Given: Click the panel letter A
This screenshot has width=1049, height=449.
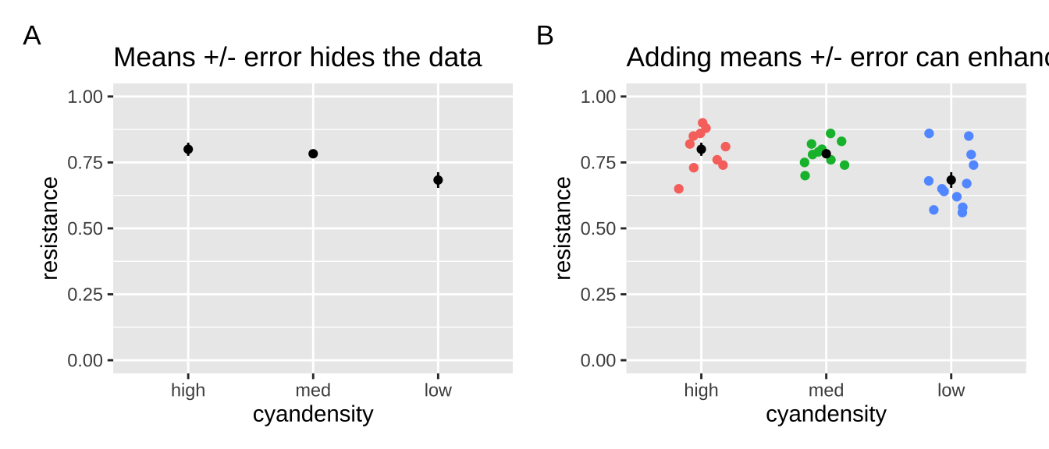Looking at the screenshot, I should (32, 36).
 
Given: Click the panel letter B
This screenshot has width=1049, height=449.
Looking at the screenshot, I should (545, 36).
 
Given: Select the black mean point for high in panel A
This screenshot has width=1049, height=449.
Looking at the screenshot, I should (188, 149).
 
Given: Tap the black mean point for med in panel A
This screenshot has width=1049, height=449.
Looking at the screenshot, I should (313, 154).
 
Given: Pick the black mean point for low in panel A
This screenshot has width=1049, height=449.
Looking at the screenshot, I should (438, 180).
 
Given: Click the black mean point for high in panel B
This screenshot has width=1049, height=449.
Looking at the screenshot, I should (701, 149).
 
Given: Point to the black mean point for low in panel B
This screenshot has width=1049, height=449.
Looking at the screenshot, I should (951, 180).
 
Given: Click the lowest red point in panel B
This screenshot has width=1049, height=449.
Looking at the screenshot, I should (679, 189).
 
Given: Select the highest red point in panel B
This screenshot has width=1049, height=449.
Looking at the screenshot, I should (702, 123).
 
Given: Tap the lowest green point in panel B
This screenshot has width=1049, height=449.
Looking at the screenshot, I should (805, 175).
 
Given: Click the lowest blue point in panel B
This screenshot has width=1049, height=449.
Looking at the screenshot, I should (962, 212).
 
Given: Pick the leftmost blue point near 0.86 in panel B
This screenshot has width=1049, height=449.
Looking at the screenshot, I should (929, 133).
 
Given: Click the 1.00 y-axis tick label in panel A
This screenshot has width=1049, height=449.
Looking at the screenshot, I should (85, 97).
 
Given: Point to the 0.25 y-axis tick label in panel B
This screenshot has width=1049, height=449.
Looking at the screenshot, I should (598, 295).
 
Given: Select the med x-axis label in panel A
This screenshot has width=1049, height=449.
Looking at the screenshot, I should (313, 391).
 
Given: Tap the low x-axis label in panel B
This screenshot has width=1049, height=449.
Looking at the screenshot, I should (951, 391).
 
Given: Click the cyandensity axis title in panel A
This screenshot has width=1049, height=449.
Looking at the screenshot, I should (313, 415).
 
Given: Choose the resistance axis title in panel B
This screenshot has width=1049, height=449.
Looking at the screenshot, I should (563, 228).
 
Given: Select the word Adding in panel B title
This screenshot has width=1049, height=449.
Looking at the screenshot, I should (665, 58).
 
